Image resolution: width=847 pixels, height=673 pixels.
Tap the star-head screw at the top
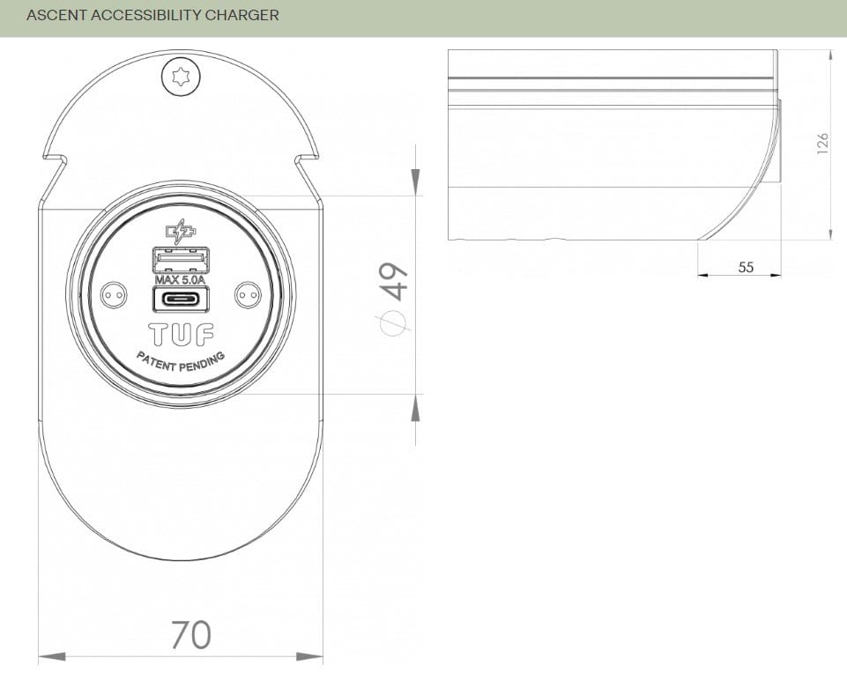pos(181,78)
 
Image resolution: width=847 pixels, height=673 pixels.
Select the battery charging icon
pos(181,233)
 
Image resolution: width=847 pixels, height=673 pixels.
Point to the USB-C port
pos(181,299)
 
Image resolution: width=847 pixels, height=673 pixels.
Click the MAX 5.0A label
pos(180,280)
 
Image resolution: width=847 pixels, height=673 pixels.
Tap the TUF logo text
pos(181,334)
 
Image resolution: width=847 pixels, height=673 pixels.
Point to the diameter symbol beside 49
pos(394,322)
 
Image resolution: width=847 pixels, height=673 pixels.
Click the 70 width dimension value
pos(190,634)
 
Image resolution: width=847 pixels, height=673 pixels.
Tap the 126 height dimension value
pos(822,143)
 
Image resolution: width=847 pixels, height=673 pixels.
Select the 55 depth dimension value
pos(746,267)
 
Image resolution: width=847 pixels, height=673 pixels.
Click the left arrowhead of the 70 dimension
pos(51,656)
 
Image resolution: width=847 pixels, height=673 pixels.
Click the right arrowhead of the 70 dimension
pos(310,656)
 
